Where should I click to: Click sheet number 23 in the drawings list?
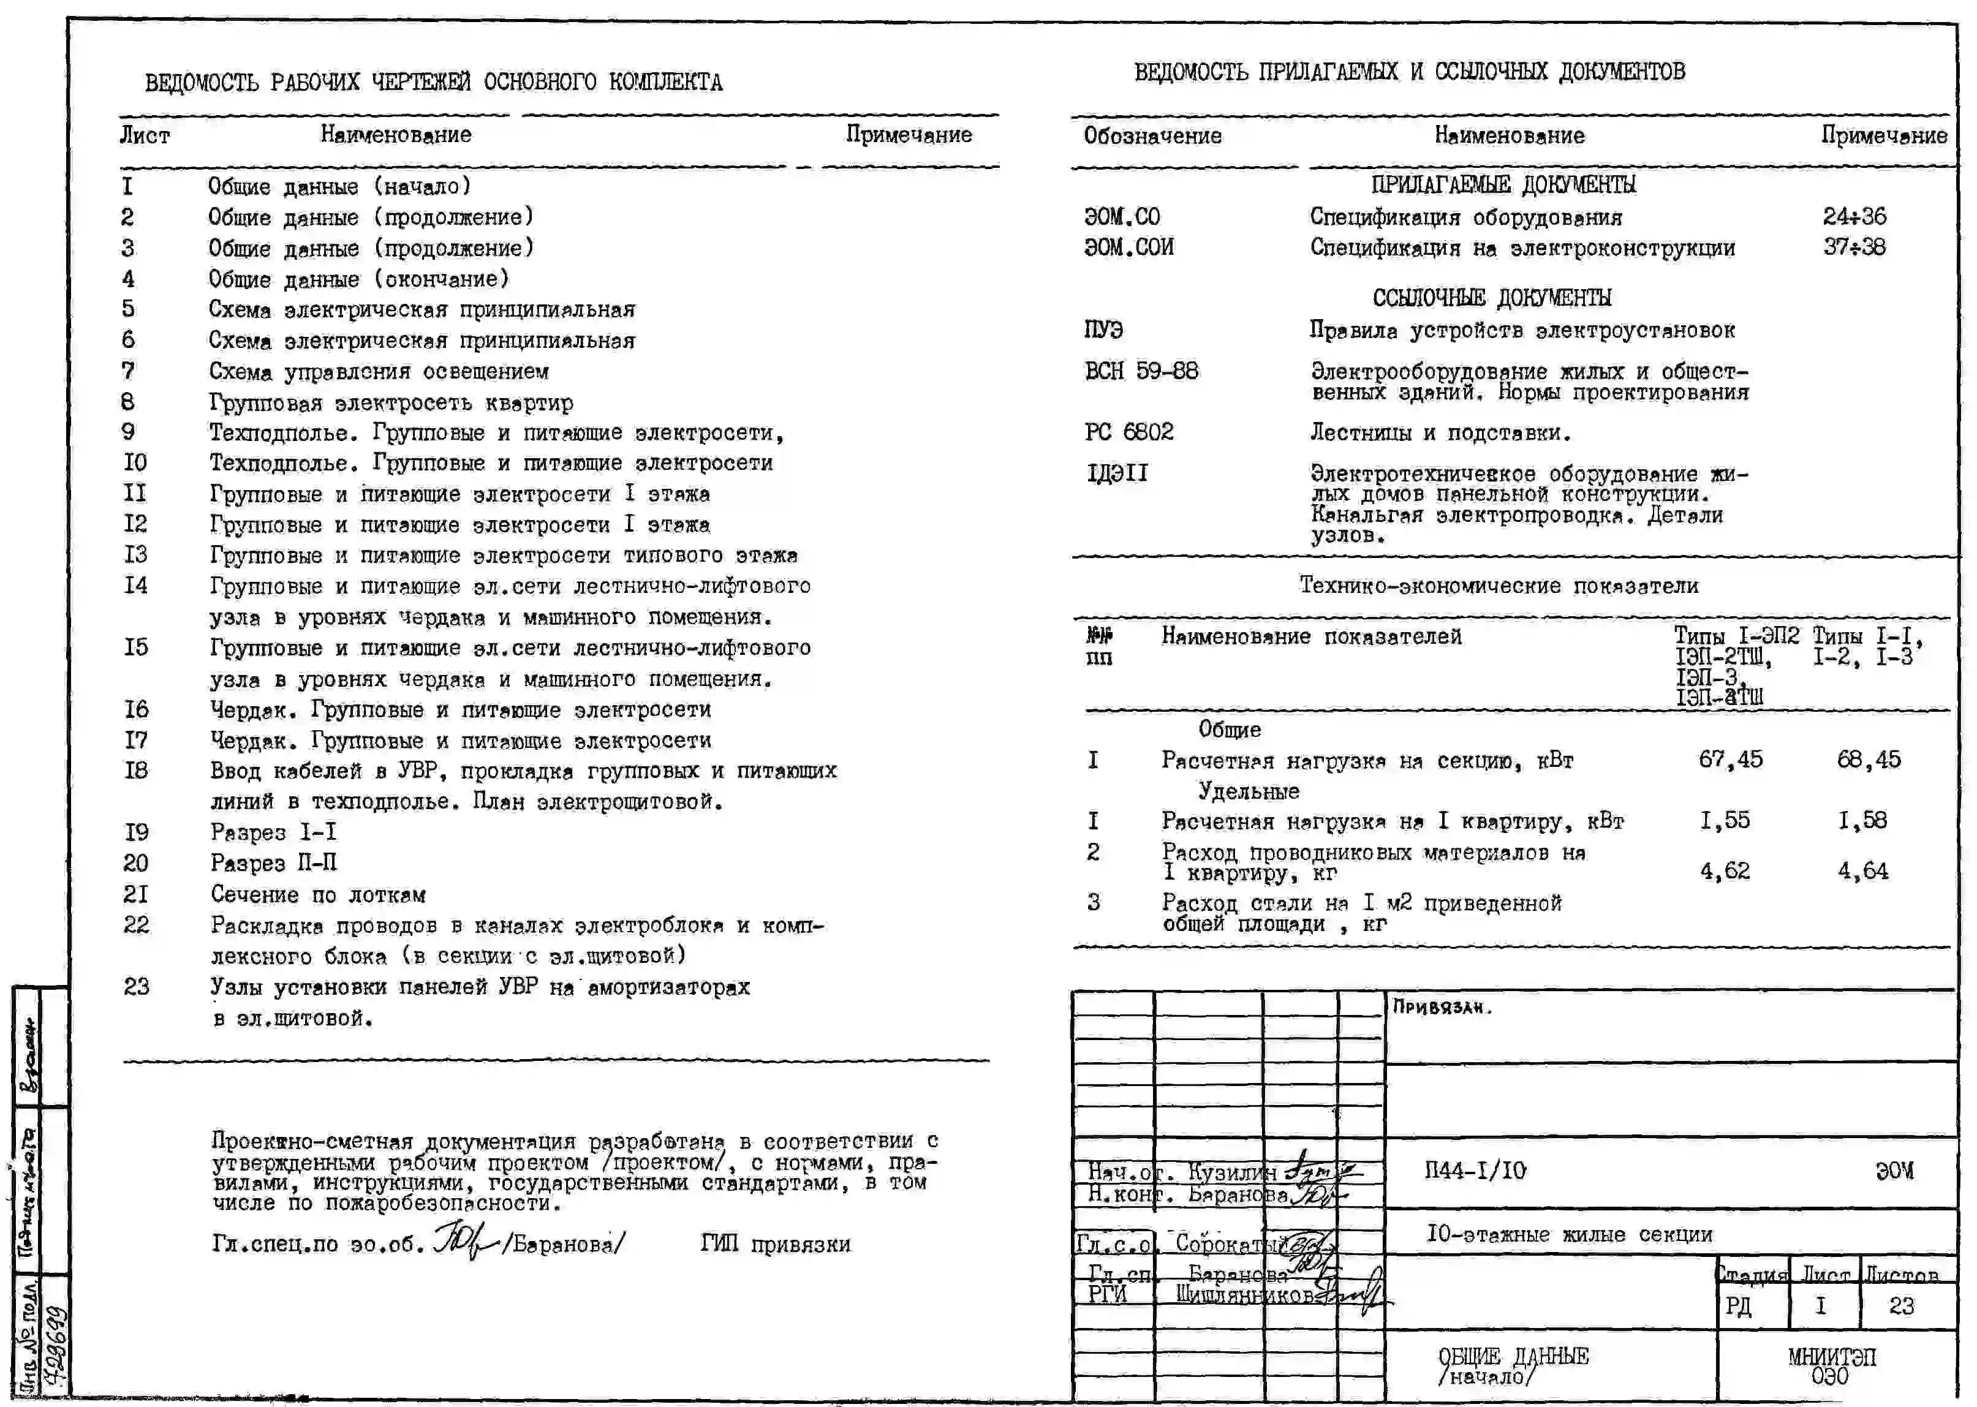point(136,987)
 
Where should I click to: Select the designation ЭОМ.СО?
point(1121,217)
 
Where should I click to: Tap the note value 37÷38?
point(1854,247)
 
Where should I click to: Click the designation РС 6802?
point(1129,431)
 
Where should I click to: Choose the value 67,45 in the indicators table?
point(1730,760)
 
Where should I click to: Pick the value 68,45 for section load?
point(1869,760)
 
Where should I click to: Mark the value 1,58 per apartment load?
point(1862,820)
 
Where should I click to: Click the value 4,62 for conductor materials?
point(1724,870)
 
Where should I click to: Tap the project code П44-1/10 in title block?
point(1475,1171)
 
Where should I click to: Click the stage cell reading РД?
point(1738,1306)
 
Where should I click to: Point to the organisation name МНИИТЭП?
point(1831,1357)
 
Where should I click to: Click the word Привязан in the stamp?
point(1442,1007)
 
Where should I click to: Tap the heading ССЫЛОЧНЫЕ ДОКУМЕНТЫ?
point(1491,298)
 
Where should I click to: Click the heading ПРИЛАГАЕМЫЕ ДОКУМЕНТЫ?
point(1503,184)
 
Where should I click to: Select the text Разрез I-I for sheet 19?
point(273,832)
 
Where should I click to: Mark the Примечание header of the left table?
point(908,135)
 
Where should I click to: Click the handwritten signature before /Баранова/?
point(464,1242)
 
